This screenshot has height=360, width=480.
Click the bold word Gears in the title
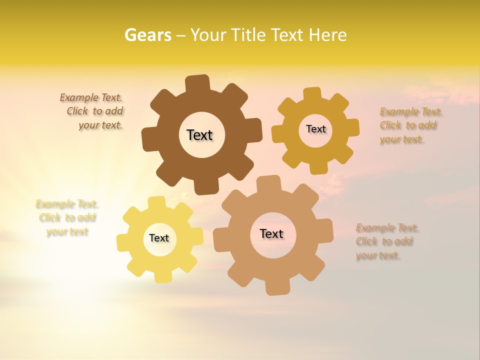tap(148, 35)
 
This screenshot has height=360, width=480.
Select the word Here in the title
tap(327, 35)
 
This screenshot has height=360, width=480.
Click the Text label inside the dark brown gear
tap(199, 135)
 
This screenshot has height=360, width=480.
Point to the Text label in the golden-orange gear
tap(315, 129)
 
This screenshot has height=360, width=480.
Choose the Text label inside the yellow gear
tap(159, 238)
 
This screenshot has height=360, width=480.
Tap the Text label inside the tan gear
tap(271, 233)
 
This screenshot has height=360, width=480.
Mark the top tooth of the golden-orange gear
tap(312, 94)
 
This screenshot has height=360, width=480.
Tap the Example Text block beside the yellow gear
tap(67, 217)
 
